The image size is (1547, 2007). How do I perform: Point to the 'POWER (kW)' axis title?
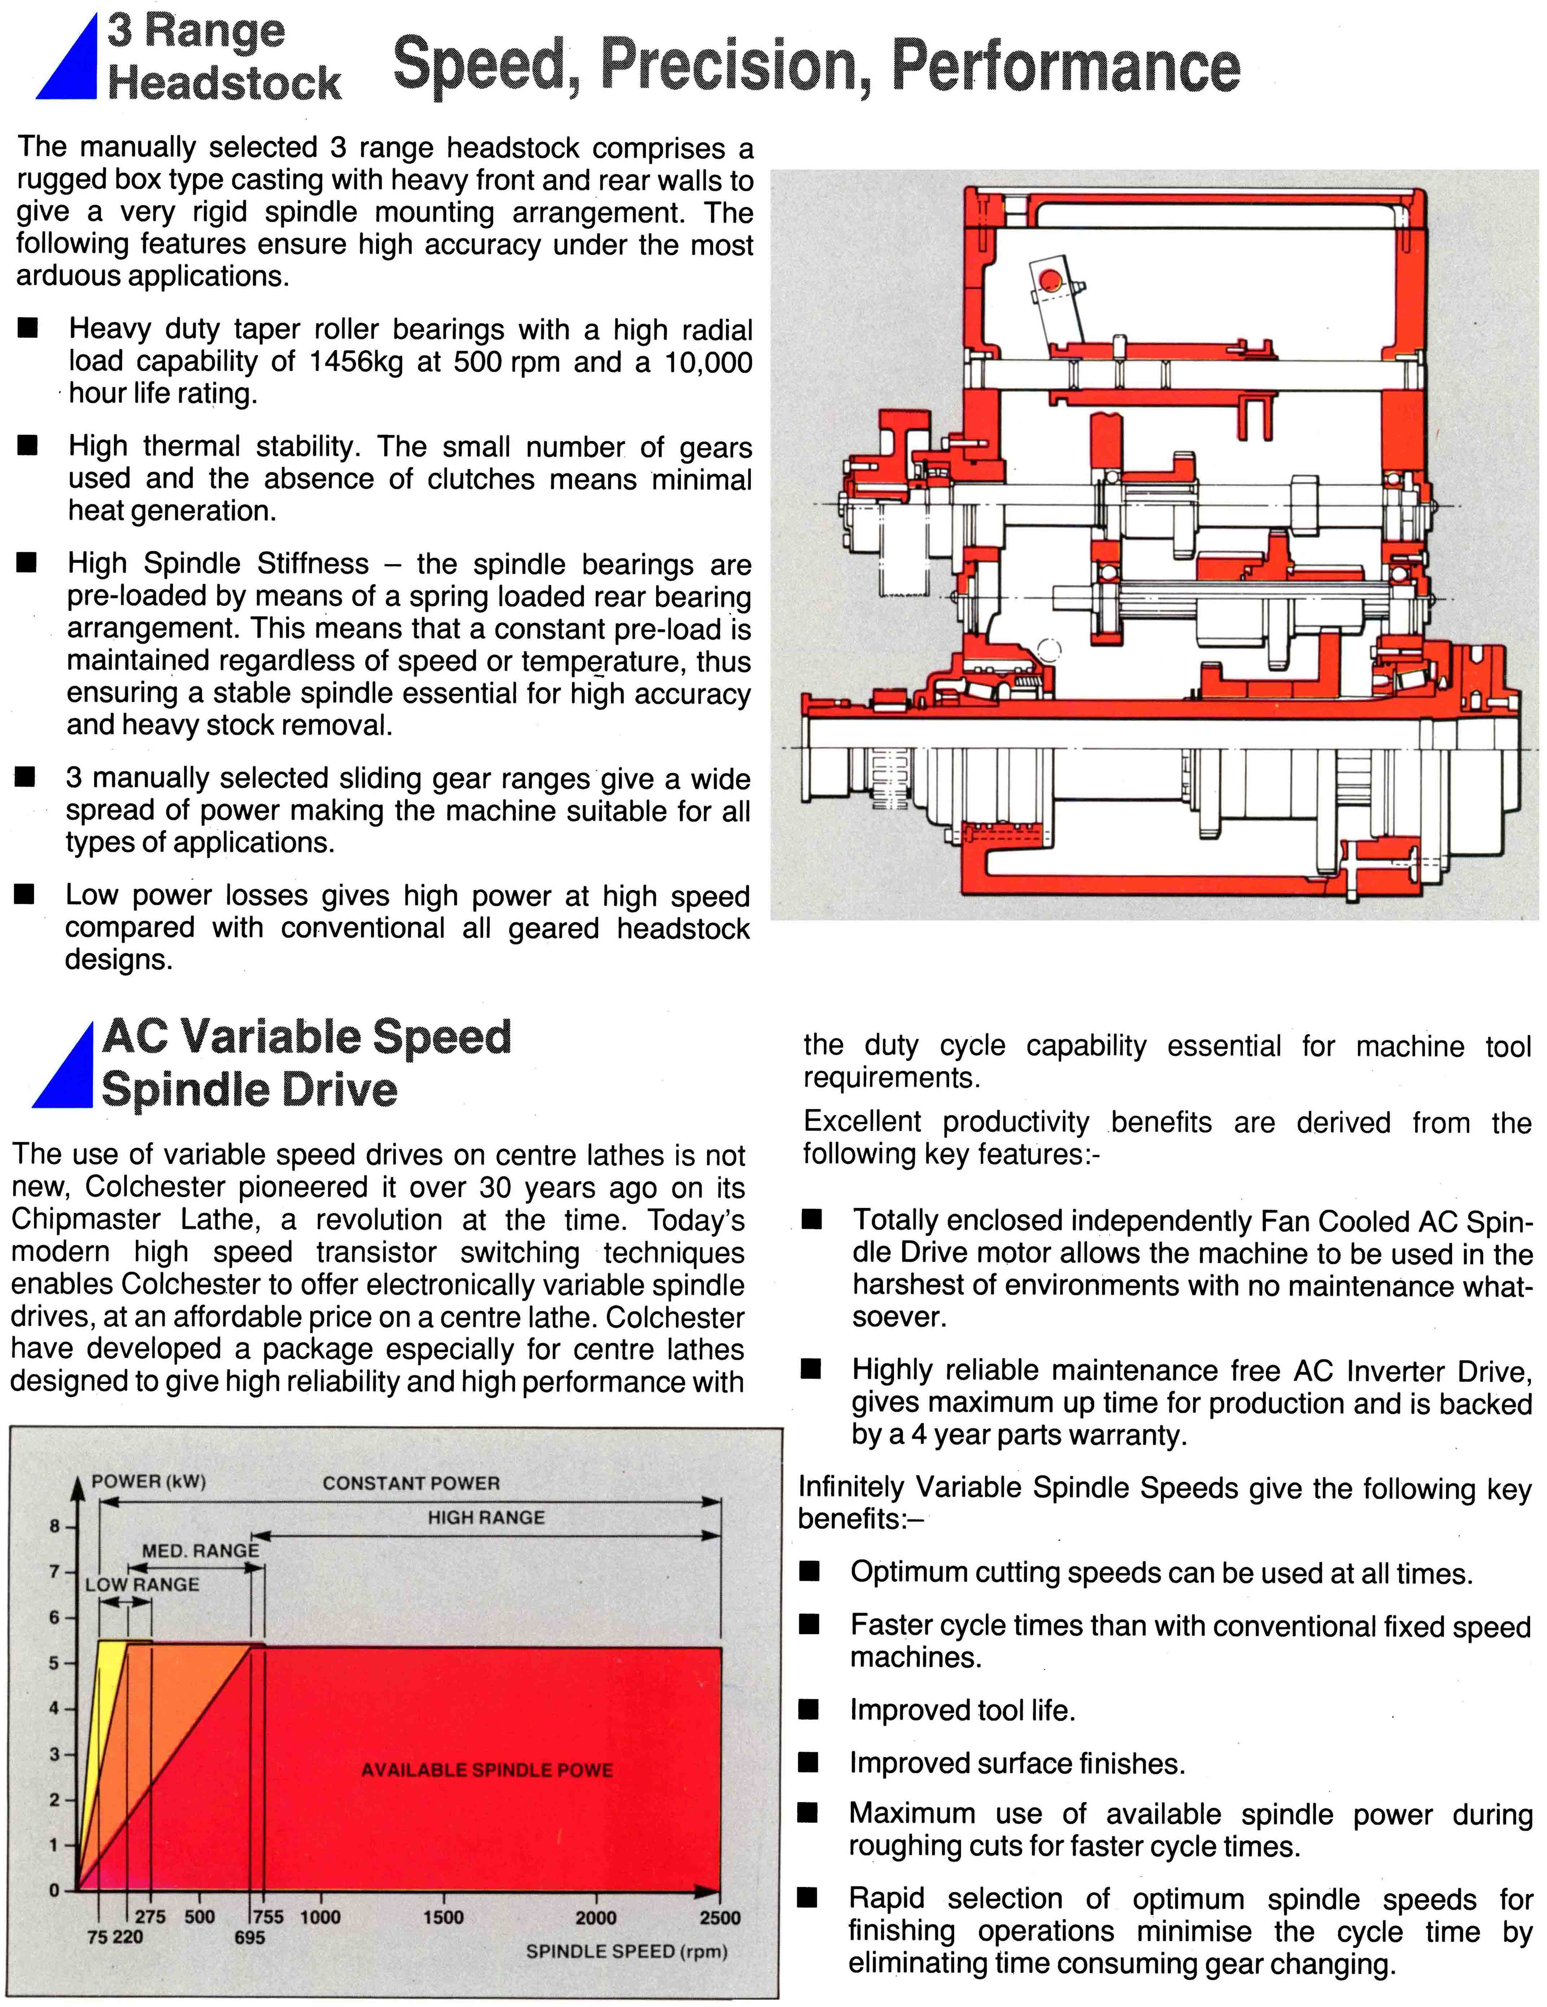pos(148,1481)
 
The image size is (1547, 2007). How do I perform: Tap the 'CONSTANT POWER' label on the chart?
pos(411,1483)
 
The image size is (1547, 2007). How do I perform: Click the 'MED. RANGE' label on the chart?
pos(200,1550)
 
